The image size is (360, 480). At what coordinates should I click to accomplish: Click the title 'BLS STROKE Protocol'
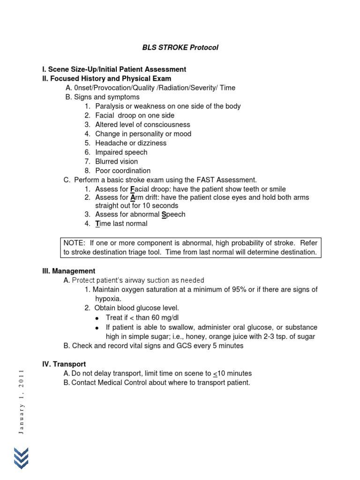(x=180, y=48)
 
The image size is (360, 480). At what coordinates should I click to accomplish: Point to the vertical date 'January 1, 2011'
(x=21, y=402)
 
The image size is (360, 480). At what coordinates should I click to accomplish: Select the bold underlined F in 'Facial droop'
(x=132, y=189)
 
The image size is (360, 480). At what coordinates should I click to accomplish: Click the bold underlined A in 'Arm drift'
(x=133, y=198)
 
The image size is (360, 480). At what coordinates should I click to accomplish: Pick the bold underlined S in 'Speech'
(x=164, y=215)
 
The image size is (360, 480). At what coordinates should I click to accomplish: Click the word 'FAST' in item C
(x=197, y=180)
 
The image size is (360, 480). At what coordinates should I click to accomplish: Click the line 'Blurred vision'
(x=117, y=161)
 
